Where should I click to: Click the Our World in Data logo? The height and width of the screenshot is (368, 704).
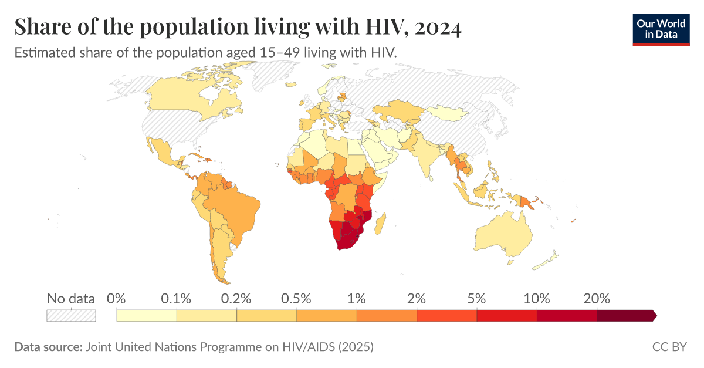coord(661,28)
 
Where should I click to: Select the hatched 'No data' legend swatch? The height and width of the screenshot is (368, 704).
coord(71,316)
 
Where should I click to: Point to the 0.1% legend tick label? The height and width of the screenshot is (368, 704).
coord(177,298)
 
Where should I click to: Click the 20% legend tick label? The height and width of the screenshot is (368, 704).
coord(597,298)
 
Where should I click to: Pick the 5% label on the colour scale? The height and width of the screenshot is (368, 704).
coord(476,298)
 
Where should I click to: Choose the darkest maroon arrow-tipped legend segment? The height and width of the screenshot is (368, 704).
coord(625,316)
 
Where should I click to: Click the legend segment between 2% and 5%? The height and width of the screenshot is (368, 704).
coord(446,316)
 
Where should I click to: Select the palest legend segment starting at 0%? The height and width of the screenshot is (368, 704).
coord(147,316)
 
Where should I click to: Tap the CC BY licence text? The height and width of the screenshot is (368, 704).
coord(669,347)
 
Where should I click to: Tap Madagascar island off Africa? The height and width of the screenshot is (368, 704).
coord(380,224)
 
